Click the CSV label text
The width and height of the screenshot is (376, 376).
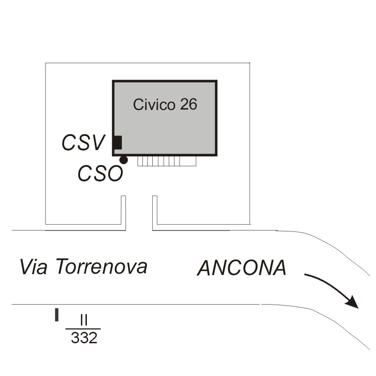pos(83,142)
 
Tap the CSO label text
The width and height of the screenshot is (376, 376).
pos(100,173)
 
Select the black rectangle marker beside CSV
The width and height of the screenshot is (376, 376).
pos(118,142)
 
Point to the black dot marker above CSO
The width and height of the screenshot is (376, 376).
pos(123,160)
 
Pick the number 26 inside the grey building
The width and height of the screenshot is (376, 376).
pos(188,104)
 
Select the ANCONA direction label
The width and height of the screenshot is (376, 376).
pos(241,268)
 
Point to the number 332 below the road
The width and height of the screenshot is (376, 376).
pos(84,338)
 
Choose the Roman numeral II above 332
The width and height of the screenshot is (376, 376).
pos(83,320)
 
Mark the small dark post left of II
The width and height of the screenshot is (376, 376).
pos(57,315)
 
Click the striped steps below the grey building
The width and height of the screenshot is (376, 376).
pos(167,161)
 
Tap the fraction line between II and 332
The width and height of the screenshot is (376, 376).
pos(83,328)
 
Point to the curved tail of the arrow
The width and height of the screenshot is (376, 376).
pos(318,278)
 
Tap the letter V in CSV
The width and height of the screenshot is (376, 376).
pos(98,142)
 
